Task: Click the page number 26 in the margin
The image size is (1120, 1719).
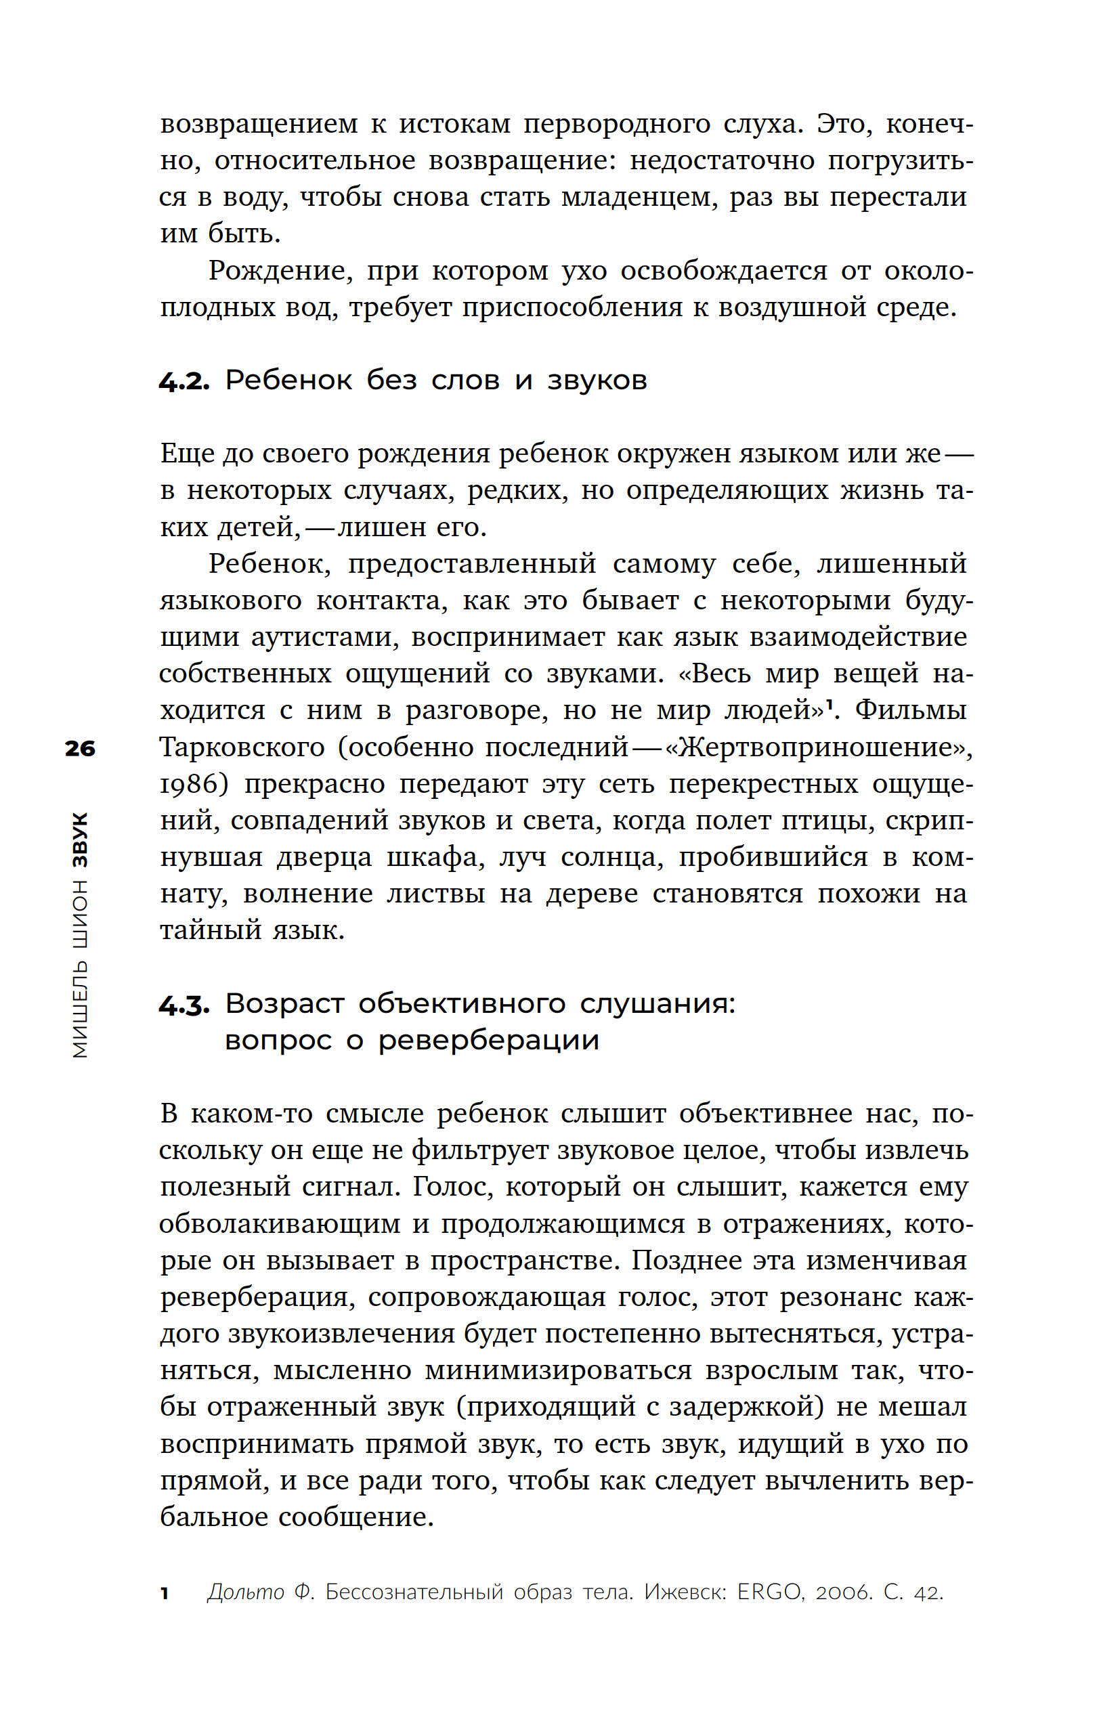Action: tap(79, 748)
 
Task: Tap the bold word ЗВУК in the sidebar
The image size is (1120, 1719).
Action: tap(80, 840)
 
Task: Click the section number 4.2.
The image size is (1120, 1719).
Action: tap(184, 380)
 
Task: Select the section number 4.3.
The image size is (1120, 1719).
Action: tap(184, 1005)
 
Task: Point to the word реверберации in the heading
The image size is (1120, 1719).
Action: tap(488, 1041)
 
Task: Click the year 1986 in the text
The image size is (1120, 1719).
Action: tap(192, 783)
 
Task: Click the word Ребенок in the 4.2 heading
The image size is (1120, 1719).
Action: tap(288, 380)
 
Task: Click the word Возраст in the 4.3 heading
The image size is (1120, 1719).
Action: tap(284, 1004)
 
